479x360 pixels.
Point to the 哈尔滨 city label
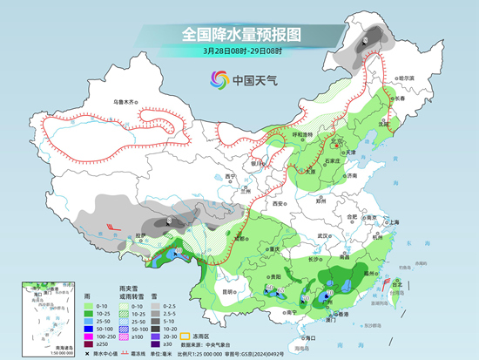(407, 78)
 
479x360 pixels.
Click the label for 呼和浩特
(301, 135)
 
